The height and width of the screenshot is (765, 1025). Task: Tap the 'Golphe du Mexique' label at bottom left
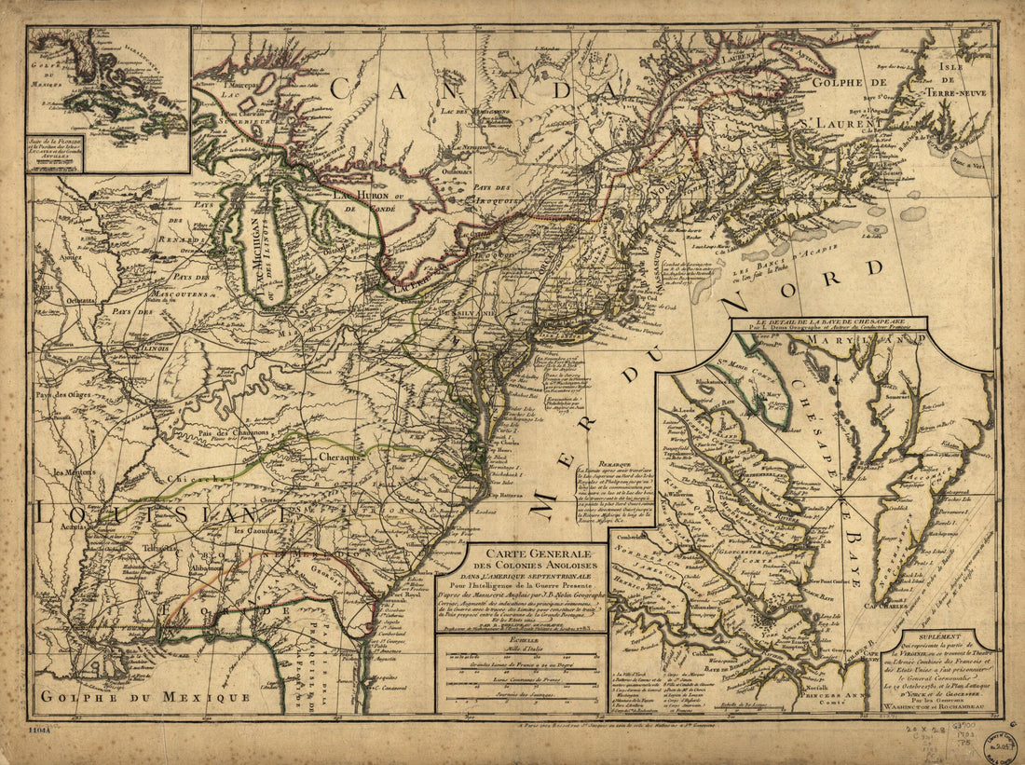coord(143,697)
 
